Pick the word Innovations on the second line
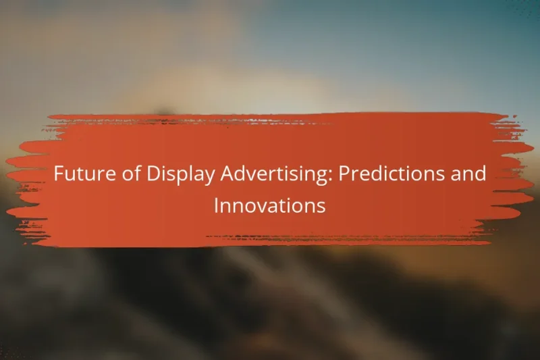269,206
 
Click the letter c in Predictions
386,175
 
